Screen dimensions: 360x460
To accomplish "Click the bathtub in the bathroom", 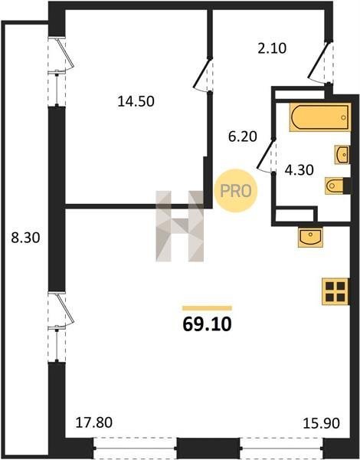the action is (x=320, y=117).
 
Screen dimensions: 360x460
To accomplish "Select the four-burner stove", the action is (x=335, y=291).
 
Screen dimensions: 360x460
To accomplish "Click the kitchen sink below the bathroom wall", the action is (x=310, y=237).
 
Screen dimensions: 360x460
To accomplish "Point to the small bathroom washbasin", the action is (x=342, y=154).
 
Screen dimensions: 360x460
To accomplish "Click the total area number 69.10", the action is (x=207, y=324).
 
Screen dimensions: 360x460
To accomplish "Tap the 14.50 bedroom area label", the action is (x=136, y=101).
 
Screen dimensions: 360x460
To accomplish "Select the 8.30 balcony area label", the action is (x=25, y=238).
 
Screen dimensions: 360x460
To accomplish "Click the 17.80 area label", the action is (x=93, y=422).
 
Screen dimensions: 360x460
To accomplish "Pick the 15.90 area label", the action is (x=321, y=423).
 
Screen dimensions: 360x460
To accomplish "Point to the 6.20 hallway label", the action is (x=243, y=136).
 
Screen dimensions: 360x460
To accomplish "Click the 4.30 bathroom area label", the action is (x=299, y=170).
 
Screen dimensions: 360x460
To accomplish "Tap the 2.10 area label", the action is (x=272, y=48).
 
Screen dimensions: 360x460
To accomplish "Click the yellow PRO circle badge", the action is (x=236, y=191).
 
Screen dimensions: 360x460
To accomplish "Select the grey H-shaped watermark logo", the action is (x=179, y=226).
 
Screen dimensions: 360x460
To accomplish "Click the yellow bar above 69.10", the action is (x=207, y=308).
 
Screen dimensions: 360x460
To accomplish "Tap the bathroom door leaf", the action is (x=266, y=154).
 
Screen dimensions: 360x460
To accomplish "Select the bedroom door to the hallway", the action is (x=202, y=73).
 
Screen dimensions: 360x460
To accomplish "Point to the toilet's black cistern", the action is (x=347, y=186).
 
